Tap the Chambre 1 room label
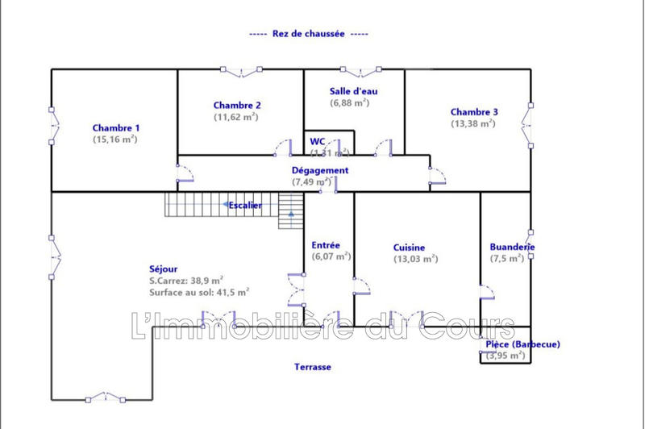116,127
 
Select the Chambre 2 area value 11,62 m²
235,117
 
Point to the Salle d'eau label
353,91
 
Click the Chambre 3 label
474,112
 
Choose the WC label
318,142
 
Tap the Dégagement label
320,170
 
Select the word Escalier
245,205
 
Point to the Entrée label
326,245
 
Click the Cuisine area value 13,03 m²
415,259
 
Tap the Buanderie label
513,247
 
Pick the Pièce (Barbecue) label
522,344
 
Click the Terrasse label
312,366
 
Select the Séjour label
163,269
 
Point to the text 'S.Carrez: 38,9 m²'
186,281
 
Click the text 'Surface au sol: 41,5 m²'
198,293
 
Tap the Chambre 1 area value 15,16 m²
115,139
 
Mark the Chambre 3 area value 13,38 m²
474,123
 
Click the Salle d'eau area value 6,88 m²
349,102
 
